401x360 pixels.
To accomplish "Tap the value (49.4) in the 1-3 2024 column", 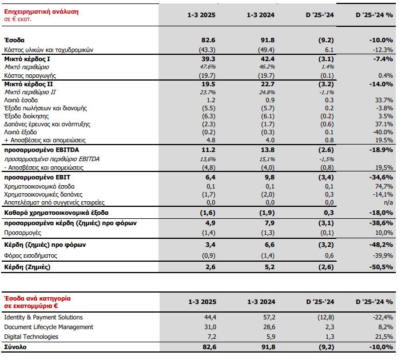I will click(x=268, y=50).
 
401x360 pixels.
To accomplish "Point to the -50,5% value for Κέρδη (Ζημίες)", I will click(x=381, y=267).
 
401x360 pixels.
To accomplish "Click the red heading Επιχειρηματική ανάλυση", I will click(x=41, y=11).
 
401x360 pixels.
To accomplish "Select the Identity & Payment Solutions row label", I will click(x=43, y=318).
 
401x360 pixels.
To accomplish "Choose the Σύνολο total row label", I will click(x=15, y=347).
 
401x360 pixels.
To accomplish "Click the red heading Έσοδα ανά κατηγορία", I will click(x=38, y=298).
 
